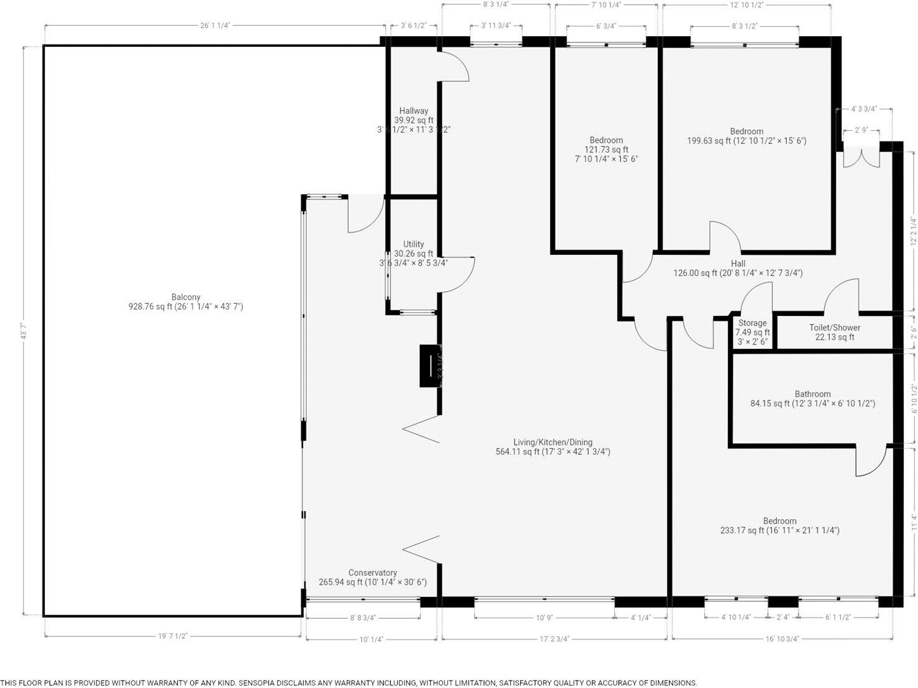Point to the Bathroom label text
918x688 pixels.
(812, 394)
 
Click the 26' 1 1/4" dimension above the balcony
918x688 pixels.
(215, 26)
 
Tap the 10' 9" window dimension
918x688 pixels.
(544, 618)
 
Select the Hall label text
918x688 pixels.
(738, 264)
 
